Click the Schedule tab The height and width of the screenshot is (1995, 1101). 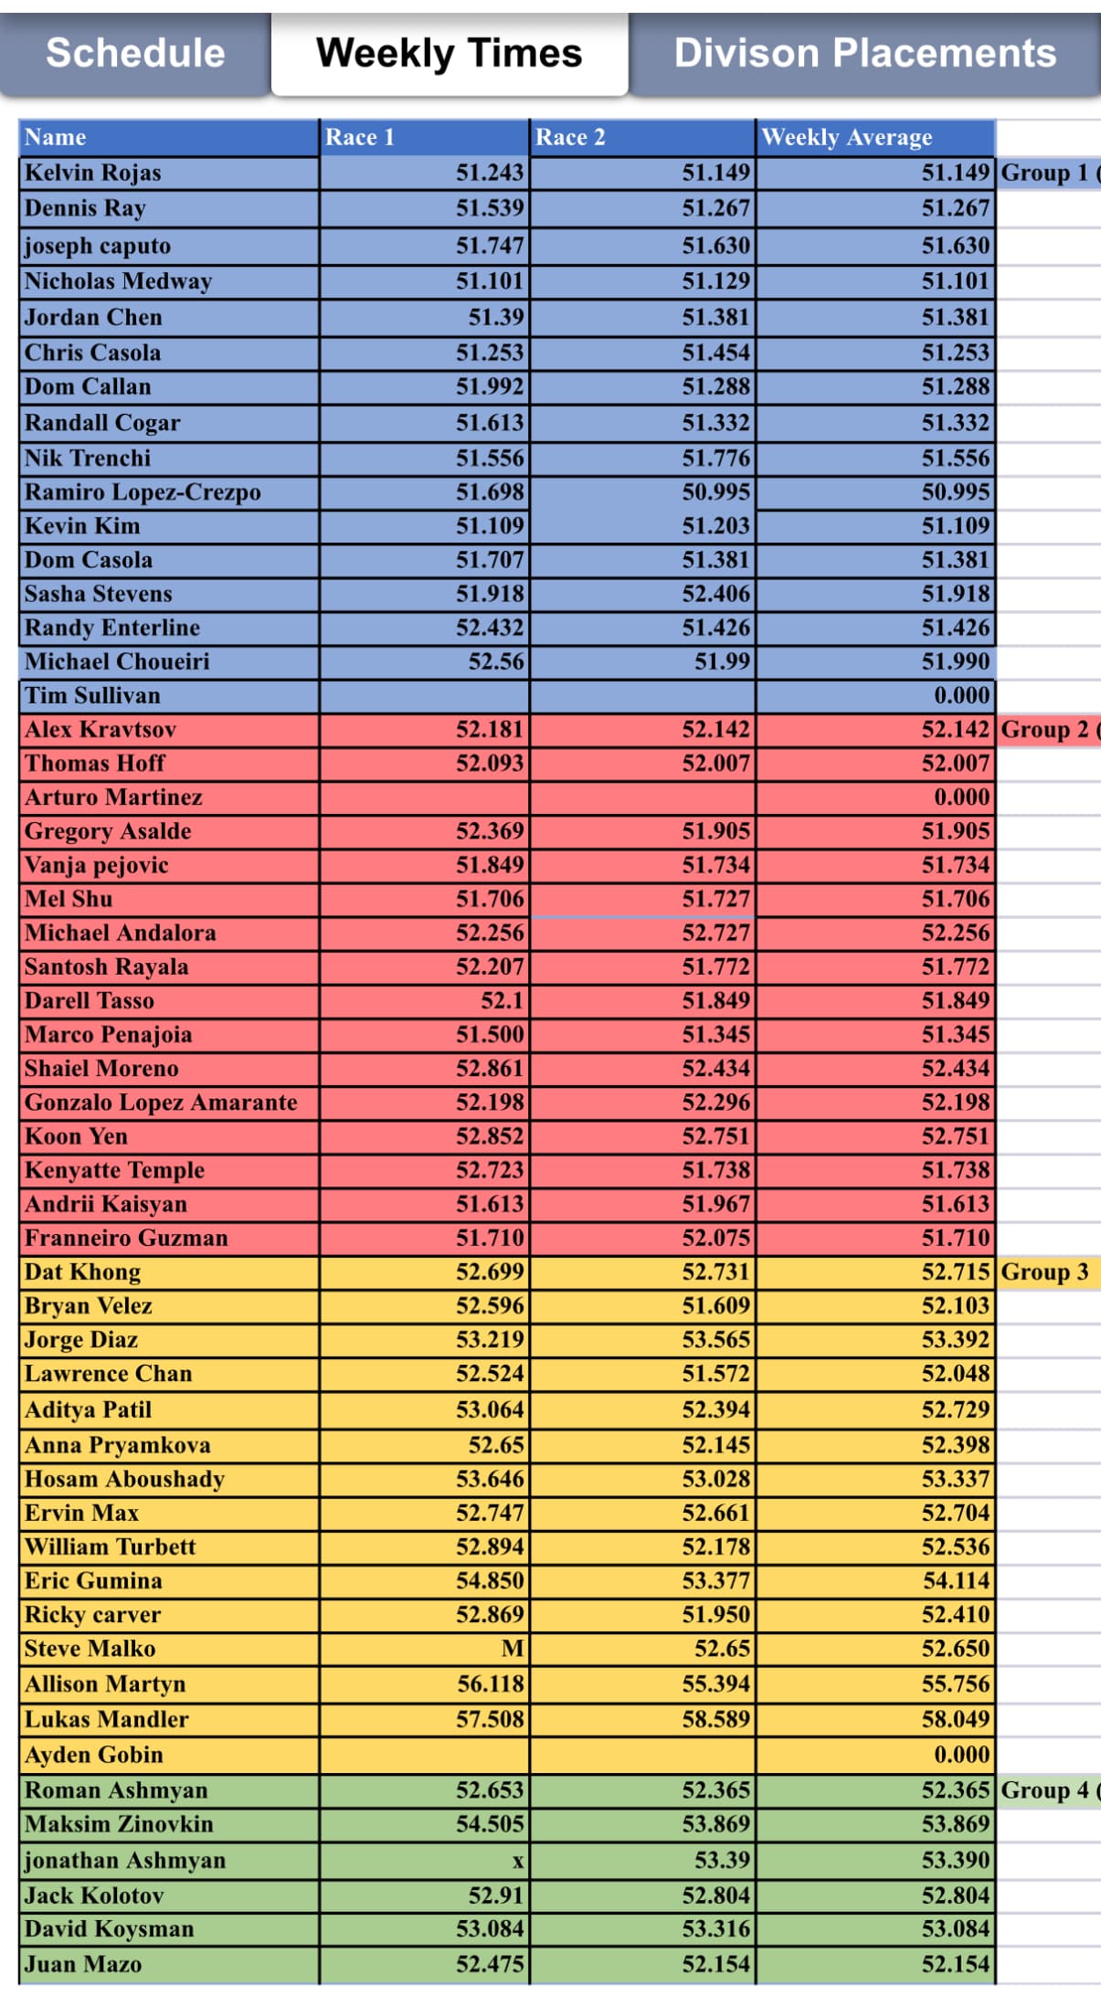click(x=135, y=53)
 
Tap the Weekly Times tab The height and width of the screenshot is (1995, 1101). click(x=449, y=53)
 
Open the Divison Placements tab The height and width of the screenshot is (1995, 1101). click(x=864, y=53)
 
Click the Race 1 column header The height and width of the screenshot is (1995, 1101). click(x=360, y=137)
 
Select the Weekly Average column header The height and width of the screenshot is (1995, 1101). click(x=847, y=137)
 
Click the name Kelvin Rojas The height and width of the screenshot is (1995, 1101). click(x=93, y=173)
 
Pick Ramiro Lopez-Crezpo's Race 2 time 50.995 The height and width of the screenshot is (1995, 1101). click(x=715, y=492)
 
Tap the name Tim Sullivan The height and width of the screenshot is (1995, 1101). click(x=92, y=696)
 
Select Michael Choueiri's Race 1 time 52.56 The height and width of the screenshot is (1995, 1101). click(x=496, y=661)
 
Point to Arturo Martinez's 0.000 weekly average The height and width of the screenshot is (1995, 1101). click(x=961, y=797)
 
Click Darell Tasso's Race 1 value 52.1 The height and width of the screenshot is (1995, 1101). click(x=502, y=1001)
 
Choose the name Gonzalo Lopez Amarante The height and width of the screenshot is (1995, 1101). click(x=161, y=1103)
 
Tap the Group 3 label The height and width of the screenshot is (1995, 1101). click(x=1045, y=1272)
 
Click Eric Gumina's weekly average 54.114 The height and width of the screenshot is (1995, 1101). click(x=955, y=1581)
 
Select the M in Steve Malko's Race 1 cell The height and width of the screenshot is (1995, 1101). click(x=513, y=1649)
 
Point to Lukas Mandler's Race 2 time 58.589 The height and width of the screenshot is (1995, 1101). click(x=715, y=1720)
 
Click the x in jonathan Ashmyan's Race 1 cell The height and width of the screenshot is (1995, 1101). click(x=518, y=1861)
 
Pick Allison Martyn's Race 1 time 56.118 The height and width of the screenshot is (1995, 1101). click(x=491, y=1684)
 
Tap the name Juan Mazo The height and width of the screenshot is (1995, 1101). click(x=83, y=1965)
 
